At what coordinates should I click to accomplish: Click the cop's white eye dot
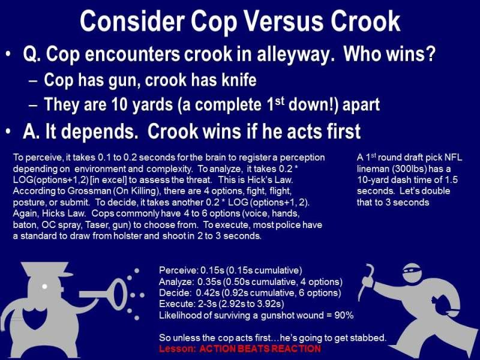point(44,287)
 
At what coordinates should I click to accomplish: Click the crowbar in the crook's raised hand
point(367,282)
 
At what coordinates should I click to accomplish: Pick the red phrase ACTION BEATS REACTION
point(260,349)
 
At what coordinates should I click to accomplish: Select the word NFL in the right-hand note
point(453,158)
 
